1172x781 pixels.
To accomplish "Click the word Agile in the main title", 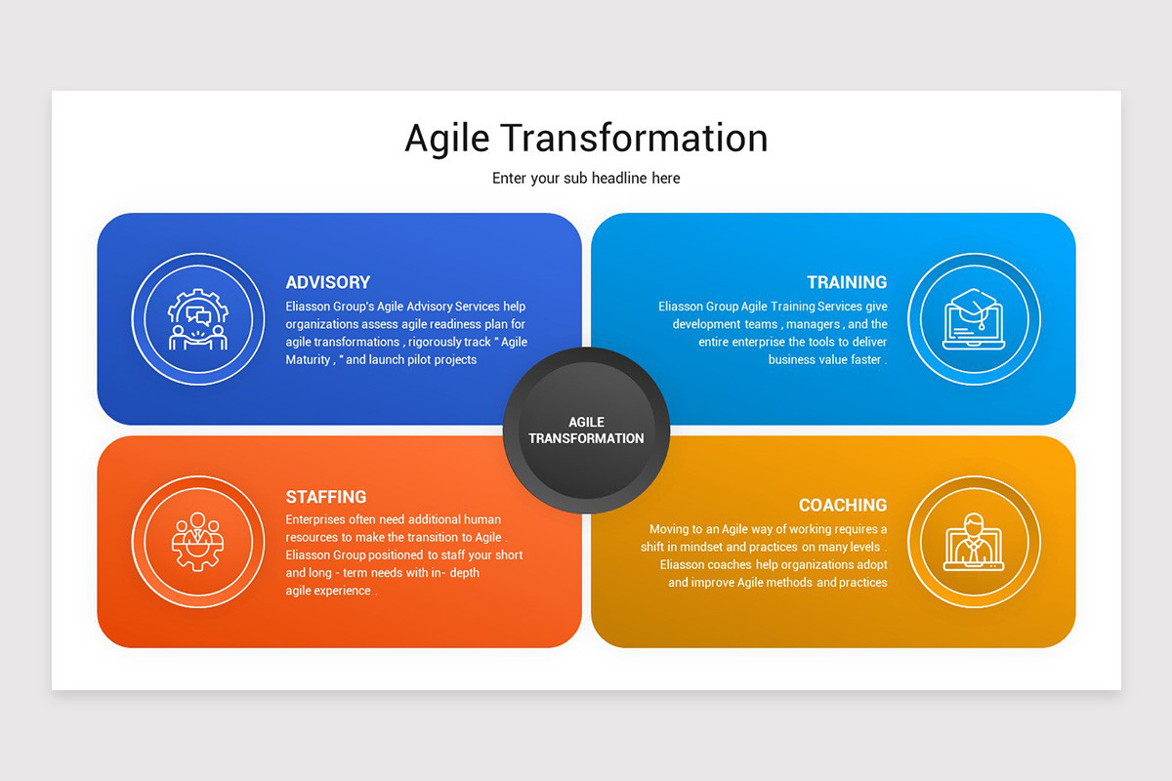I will [446, 139].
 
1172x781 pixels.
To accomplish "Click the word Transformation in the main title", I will [637, 138].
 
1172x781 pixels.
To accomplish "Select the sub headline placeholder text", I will [586, 179].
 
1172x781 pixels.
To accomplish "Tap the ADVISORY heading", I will [328, 282].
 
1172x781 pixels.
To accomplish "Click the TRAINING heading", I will [847, 282].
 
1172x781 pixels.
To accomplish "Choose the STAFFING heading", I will [326, 497].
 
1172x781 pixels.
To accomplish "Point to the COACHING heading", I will [843, 505].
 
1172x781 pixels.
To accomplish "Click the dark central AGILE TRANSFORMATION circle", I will [586, 430].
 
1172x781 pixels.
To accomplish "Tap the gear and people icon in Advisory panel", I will [198, 319].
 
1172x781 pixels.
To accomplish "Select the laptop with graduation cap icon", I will [973, 319].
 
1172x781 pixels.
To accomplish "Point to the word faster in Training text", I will [861, 359].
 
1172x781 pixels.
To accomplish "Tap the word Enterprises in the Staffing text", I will [316, 519].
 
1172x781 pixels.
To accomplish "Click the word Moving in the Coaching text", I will [669, 529].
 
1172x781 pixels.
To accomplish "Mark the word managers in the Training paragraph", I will [814, 324].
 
